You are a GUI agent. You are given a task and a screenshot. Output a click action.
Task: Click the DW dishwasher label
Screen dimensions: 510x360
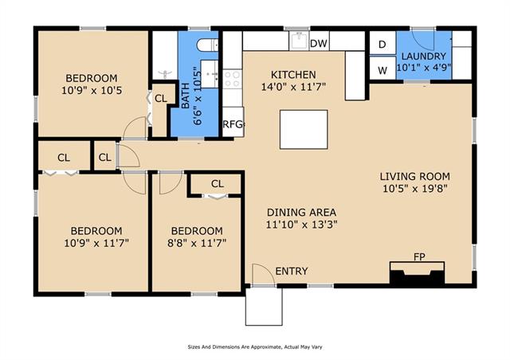click(319, 44)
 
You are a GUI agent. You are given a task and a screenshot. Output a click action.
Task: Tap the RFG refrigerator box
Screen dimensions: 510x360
click(233, 122)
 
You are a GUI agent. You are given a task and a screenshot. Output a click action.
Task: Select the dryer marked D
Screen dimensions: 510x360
click(382, 43)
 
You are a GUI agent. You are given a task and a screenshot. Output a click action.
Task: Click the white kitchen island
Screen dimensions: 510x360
click(304, 130)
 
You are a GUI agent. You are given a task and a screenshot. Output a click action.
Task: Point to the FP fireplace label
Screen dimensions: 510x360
click(419, 257)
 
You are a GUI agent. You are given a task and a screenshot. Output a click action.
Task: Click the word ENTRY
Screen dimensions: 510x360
click(292, 272)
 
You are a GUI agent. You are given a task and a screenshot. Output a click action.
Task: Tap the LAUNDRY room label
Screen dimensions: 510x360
click(423, 57)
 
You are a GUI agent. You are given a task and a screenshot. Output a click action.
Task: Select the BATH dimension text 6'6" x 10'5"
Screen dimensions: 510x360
click(198, 96)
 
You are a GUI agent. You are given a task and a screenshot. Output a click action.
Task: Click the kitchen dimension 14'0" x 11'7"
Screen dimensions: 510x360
click(293, 87)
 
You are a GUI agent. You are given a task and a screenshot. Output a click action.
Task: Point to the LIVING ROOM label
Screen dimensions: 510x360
click(415, 177)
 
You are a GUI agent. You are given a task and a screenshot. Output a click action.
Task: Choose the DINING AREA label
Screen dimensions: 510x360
click(301, 213)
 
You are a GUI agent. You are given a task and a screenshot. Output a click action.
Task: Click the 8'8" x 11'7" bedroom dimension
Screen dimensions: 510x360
click(197, 243)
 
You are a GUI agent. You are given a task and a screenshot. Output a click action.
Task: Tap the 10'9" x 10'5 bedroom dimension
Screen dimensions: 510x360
click(92, 90)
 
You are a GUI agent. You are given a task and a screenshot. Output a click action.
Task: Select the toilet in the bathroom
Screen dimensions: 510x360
click(207, 45)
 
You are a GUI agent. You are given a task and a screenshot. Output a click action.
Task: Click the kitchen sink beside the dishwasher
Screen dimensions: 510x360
click(299, 41)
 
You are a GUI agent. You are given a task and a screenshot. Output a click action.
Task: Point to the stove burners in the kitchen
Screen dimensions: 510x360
click(232, 79)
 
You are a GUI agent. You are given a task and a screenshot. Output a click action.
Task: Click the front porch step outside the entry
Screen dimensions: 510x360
click(264, 307)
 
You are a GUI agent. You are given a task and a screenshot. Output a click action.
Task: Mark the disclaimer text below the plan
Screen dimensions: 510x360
click(255, 347)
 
